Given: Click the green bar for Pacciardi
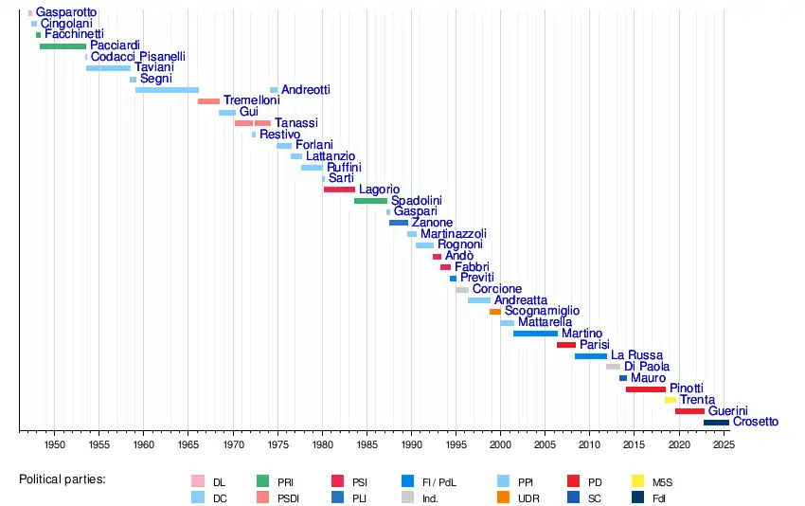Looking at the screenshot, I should [x=63, y=45].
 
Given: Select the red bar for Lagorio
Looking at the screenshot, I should [x=339, y=190].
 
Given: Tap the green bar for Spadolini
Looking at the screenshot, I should [x=370, y=201].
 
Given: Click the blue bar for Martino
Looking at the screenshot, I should [x=535, y=334].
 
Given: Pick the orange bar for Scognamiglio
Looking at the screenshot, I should [x=495, y=312].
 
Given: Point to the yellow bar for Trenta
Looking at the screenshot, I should [x=671, y=400].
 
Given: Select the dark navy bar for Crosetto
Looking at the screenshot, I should [x=716, y=423].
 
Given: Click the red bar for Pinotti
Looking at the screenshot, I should [x=645, y=389].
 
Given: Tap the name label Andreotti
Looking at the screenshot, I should [x=306, y=89].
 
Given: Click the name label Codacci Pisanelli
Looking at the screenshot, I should [x=138, y=57].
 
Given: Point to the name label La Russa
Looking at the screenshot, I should [x=636, y=355].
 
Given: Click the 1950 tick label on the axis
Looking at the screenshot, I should [x=54, y=444].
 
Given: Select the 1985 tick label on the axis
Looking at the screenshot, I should [x=367, y=444].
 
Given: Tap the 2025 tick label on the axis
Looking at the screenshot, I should [x=723, y=444].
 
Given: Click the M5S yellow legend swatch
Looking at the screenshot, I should [x=638, y=481].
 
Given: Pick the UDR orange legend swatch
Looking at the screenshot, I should [x=503, y=497].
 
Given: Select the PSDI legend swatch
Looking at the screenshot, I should [x=264, y=497].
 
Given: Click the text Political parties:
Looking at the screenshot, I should [x=63, y=479].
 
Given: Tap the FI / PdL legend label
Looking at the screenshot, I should [x=438, y=481].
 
